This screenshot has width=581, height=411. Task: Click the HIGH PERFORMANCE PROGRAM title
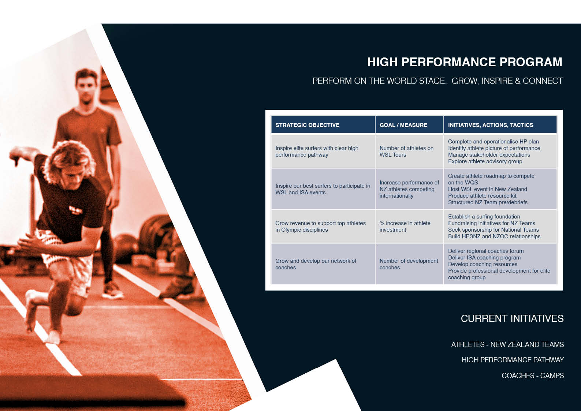(465, 62)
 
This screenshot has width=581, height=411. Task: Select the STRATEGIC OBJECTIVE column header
(308, 125)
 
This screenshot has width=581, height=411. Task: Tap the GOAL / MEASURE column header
(403, 125)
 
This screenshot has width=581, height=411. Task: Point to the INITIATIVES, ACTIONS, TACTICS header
(491, 125)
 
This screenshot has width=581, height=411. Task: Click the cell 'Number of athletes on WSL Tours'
(406, 152)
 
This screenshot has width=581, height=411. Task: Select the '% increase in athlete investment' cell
(405, 227)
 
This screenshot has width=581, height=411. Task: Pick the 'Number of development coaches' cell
(409, 264)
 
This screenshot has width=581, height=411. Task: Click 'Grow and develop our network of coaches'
(316, 264)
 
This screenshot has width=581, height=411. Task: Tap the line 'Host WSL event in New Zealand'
(488, 189)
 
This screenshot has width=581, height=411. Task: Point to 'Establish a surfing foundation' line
(484, 217)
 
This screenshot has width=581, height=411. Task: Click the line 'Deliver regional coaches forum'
(486, 251)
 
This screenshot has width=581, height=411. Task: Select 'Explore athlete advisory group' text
(485, 161)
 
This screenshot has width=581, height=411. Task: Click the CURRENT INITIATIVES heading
(512, 318)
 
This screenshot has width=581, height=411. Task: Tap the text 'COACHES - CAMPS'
(533, 375)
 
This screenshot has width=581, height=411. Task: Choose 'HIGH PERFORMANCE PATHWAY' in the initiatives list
(513, 360)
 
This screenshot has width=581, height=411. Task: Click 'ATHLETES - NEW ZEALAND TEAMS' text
(507, 344)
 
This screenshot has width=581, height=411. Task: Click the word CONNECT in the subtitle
(543, 81)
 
